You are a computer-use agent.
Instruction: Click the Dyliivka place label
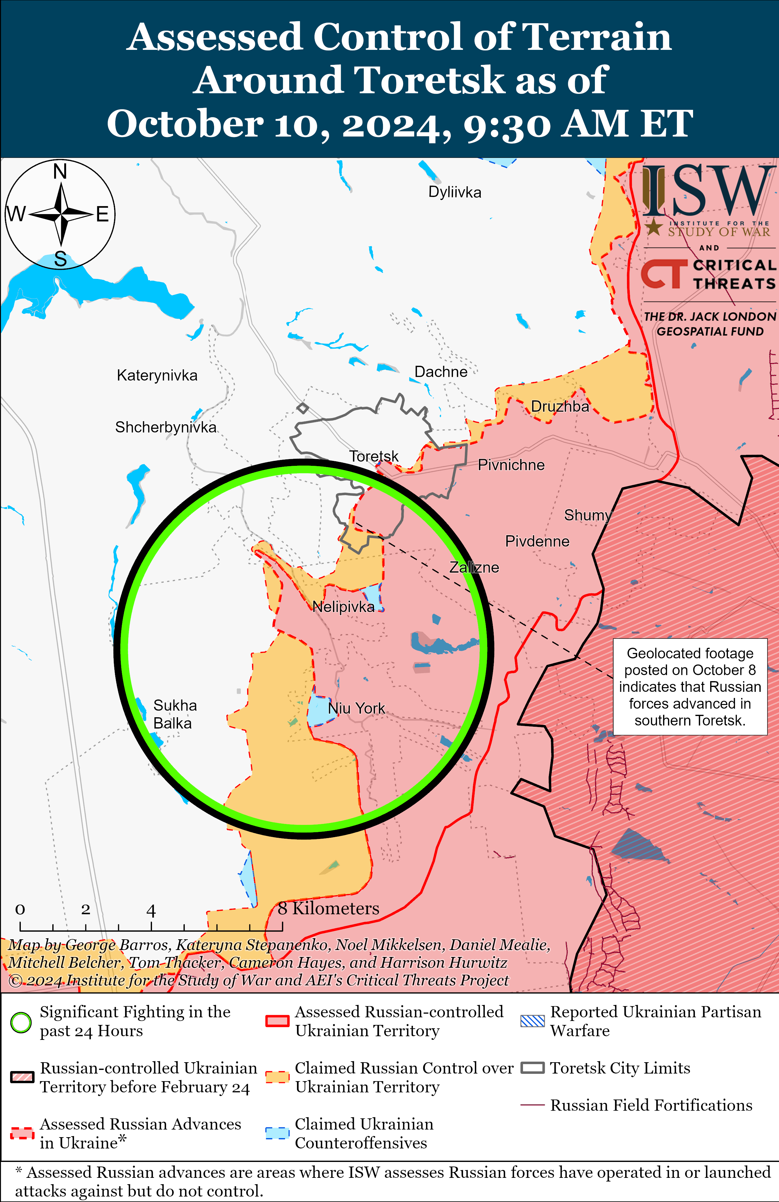pos(455,192)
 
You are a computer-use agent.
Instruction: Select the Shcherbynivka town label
pos(166,427)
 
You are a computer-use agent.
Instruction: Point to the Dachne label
pos(440,372)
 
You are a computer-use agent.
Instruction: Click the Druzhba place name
pos(560,406)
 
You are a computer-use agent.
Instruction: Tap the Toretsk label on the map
pos(374,457)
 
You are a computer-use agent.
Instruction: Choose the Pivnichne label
pos(511,465)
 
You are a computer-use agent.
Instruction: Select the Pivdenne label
pos(537,541)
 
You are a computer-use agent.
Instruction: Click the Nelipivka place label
pos(343,607)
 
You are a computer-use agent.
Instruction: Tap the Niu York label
pos(357,709)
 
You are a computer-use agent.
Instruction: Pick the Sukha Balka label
pos(174,714)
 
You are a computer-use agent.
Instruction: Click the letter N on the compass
pos(60,172)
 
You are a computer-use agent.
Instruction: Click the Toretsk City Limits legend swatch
pos(532,1068)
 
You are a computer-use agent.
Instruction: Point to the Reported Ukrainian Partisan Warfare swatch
pos(532,1021)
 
